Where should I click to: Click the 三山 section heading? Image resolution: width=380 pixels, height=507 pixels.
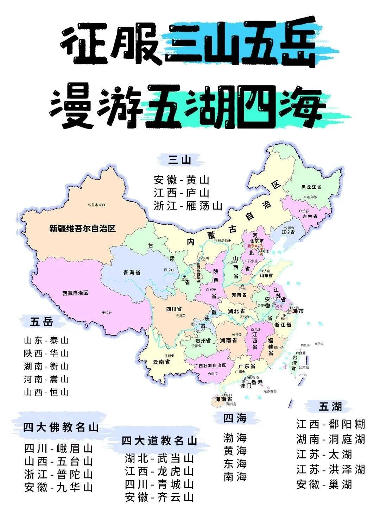pyautogui.click(x=180, y=160)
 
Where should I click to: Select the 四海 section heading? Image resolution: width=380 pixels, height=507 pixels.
pyautogui.click(x=235, y=418)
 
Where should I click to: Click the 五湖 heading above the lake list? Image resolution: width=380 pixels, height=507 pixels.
pyautogui.click(x=330, y=407)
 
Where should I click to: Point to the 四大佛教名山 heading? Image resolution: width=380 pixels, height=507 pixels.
pyautogui.click(x=61, y=427)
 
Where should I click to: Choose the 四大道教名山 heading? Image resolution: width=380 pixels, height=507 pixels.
pyautogui.click(x=159, y=441)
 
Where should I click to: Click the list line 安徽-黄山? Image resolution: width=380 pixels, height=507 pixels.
pyautogui.click(x=182, y=180)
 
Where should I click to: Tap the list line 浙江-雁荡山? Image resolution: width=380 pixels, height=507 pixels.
pyautogui.click(x=188, y=206)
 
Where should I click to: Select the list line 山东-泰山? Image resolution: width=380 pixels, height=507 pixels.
pyautogui.click(x=46, y=340)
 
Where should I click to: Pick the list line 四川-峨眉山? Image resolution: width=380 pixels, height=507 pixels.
pyautogui.click(x=59, y=449)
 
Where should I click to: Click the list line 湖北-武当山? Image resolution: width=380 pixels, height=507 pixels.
pyautogui.click(x=159, y=458)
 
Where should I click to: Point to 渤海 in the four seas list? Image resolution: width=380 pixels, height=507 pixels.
pyautogui.click(x=235, y=438)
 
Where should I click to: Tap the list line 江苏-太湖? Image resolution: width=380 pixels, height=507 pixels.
pyautogui.click(x=324, y=454)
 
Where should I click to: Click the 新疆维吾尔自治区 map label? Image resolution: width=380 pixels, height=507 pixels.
pyautogui.click(x=82, y=229)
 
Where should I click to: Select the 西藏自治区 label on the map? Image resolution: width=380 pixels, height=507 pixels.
pyautogui.click(x=75, y=293)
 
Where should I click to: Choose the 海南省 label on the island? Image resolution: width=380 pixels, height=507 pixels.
pyautogui.click(x=223, y=399)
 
